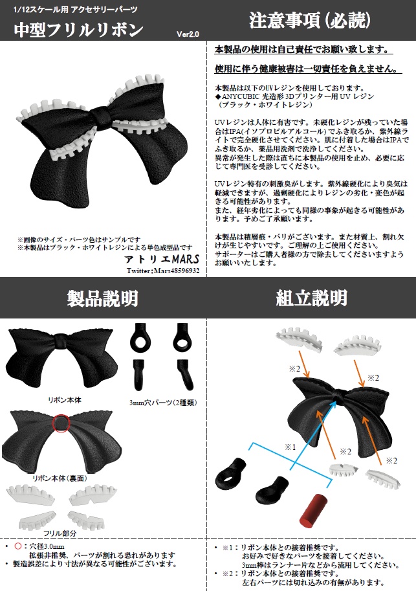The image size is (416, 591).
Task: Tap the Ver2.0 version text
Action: click(188, 34)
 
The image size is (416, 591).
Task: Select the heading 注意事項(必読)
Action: click(310, 20)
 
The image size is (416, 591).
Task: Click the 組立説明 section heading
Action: click(311, 298)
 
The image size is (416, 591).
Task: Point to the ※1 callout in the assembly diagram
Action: click(289, 447)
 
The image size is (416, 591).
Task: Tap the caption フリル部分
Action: click(60, 533)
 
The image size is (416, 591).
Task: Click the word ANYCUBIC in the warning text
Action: click(243, 95)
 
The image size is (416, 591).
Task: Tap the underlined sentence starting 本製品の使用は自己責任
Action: click(302, 50)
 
